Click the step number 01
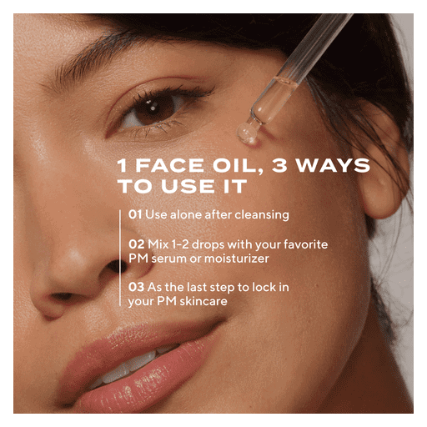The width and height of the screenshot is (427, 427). point(135,214)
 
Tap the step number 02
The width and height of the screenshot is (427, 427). point(136,244)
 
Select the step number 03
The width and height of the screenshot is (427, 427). point(136,287)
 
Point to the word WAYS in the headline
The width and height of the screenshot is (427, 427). point(333,165)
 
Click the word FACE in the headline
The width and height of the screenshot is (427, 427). point(169,165)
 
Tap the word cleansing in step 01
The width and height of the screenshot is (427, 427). point(262,215)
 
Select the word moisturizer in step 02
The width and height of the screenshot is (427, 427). point(237,259)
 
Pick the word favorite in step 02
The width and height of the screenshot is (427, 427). point(305,244)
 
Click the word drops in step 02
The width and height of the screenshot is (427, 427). point(208,244)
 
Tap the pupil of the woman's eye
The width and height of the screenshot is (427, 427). point(153,108)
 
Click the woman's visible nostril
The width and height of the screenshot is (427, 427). point(117,266)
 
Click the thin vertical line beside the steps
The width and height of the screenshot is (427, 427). point(120,258)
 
